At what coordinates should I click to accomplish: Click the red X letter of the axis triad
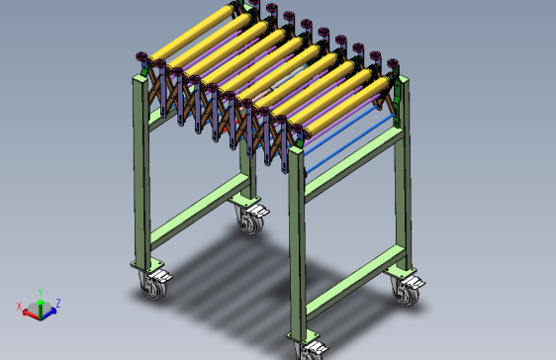19,307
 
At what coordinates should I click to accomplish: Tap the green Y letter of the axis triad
41,293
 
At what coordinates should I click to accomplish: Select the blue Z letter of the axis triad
58,303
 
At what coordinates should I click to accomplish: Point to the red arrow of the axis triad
32,314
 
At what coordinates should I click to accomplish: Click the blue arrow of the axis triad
48,314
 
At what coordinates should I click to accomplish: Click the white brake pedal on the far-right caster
415,282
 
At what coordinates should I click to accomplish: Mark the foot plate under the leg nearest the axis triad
146,265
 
